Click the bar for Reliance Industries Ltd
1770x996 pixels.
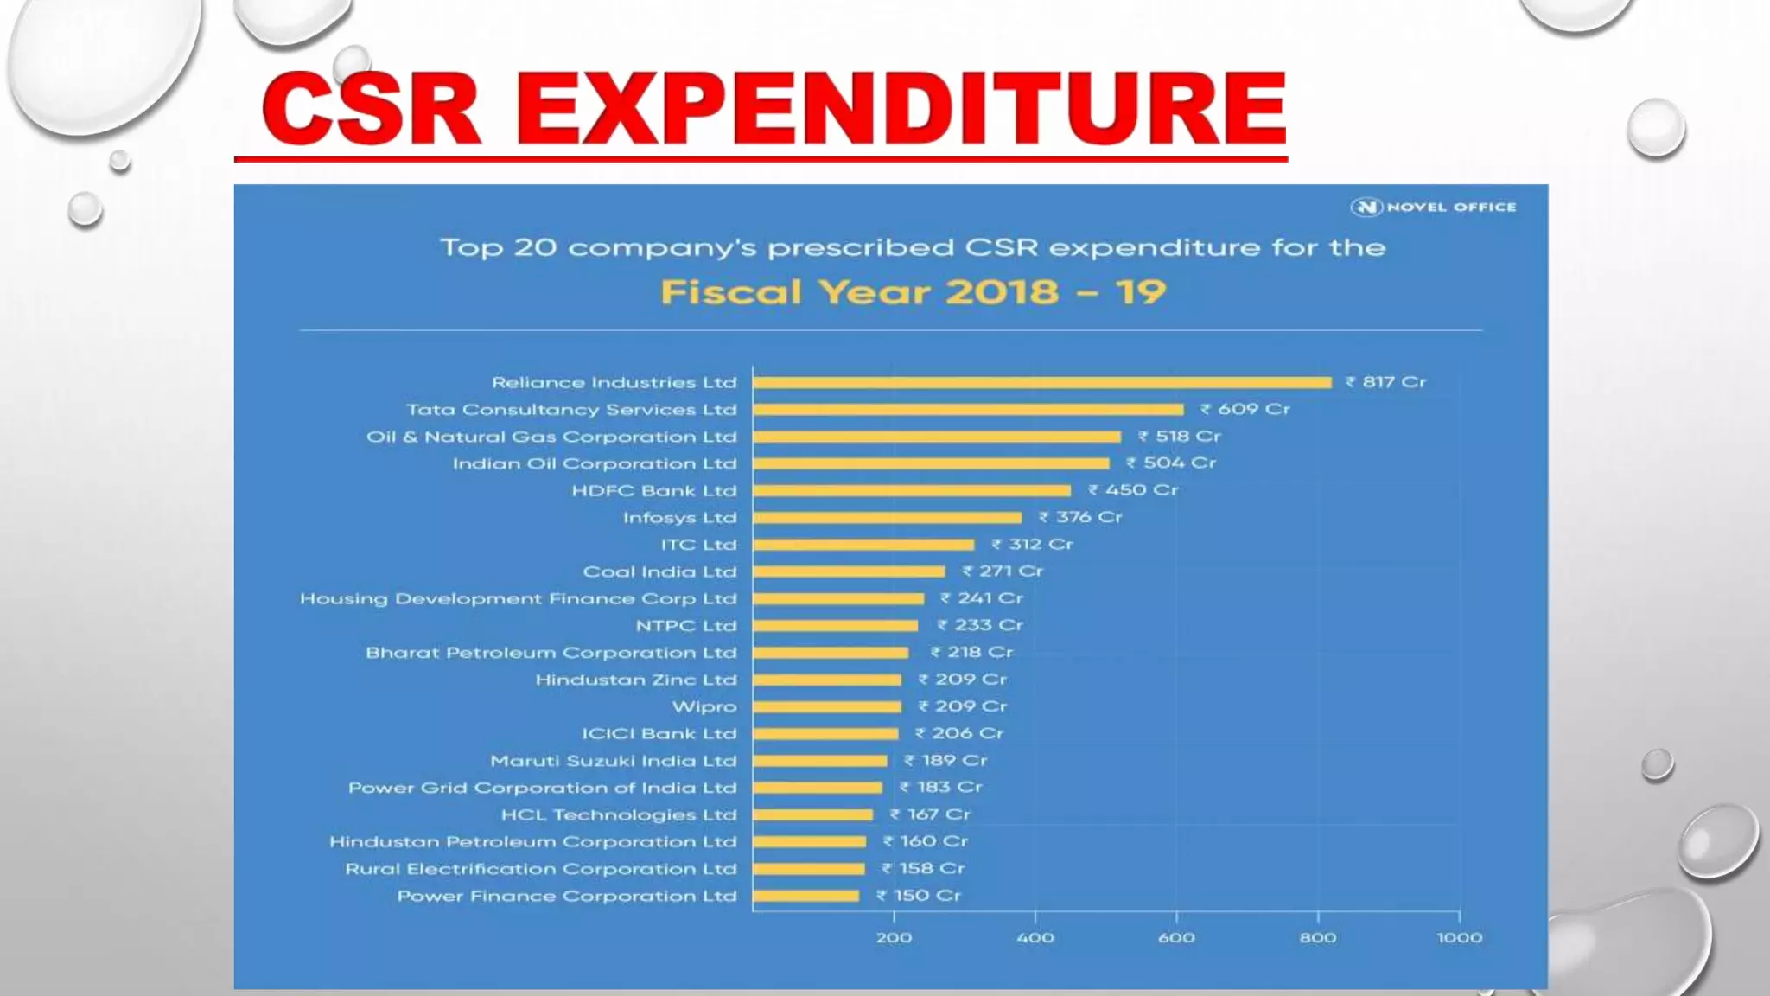(x=1041, y=382)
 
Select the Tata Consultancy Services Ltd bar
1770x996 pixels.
(x=968, y=409)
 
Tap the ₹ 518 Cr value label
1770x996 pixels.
(x=1180, y=436)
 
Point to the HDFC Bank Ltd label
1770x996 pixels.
(x=654, y=490)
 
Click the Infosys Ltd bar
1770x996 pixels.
(x=887, y=517)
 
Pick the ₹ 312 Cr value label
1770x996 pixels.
(x=1032, y=544)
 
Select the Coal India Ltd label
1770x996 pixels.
(x=659, y=571)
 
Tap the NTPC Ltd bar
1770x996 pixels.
(x=835, y=625)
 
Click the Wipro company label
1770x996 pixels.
(x=704, y=706)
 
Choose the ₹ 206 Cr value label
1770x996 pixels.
(x=959, y=733)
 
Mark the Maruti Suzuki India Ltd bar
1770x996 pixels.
(x=819, y=761)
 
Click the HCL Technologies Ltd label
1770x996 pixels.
(x=619, y=814)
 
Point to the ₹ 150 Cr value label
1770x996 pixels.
(x=919, y=896)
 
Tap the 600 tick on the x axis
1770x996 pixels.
(x=1176, y=937)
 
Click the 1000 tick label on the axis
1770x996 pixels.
(x=1459, y=937)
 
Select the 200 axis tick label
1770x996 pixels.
(x=894, y=937)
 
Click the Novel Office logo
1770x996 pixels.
(x=1434, y=207)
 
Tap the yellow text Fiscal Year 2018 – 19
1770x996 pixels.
(x=913, y=291)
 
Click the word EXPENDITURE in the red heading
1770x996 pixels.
(x=901, y=109)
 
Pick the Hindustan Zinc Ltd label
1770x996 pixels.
(x=636, y=680)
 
